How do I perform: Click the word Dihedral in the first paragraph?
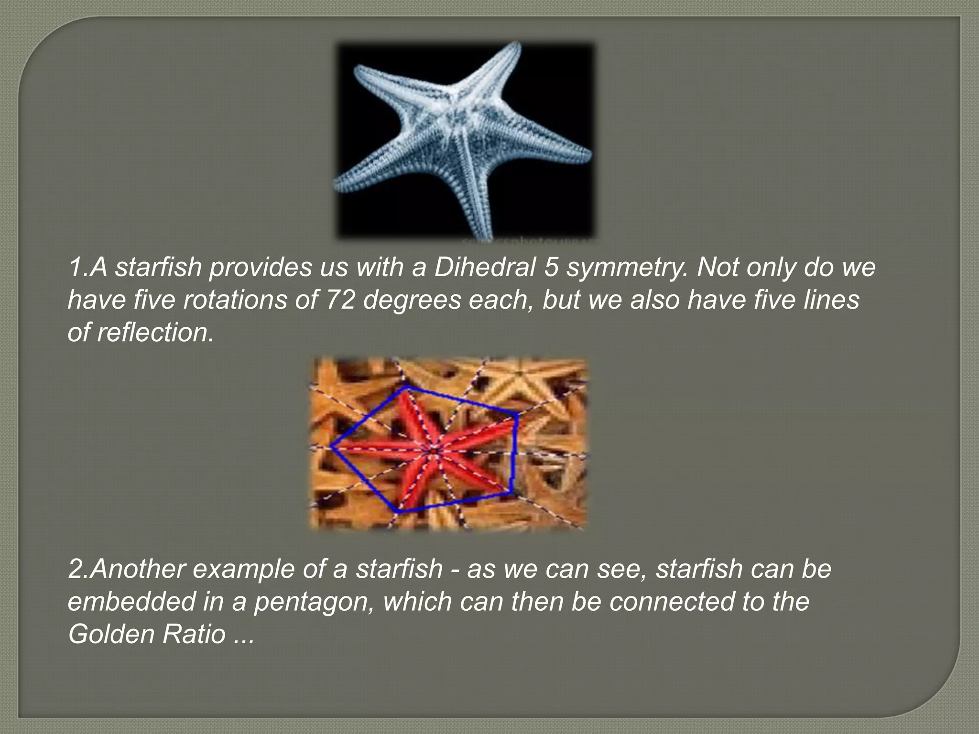pyautogui.click(x=485, y=267)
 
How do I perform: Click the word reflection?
pyautogui.click(x=155, y=332)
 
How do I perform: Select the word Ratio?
pyautogui.click(x=194, y=634)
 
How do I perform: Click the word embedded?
pyautogui.click(x=131, y=602)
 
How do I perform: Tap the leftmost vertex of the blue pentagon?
pyautogui.click(x=331, y=447)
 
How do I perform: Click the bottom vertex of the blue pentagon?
pyautogui.click(x=399, y=512)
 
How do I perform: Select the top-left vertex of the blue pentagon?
pyautogui.click(x=406, y=388)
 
